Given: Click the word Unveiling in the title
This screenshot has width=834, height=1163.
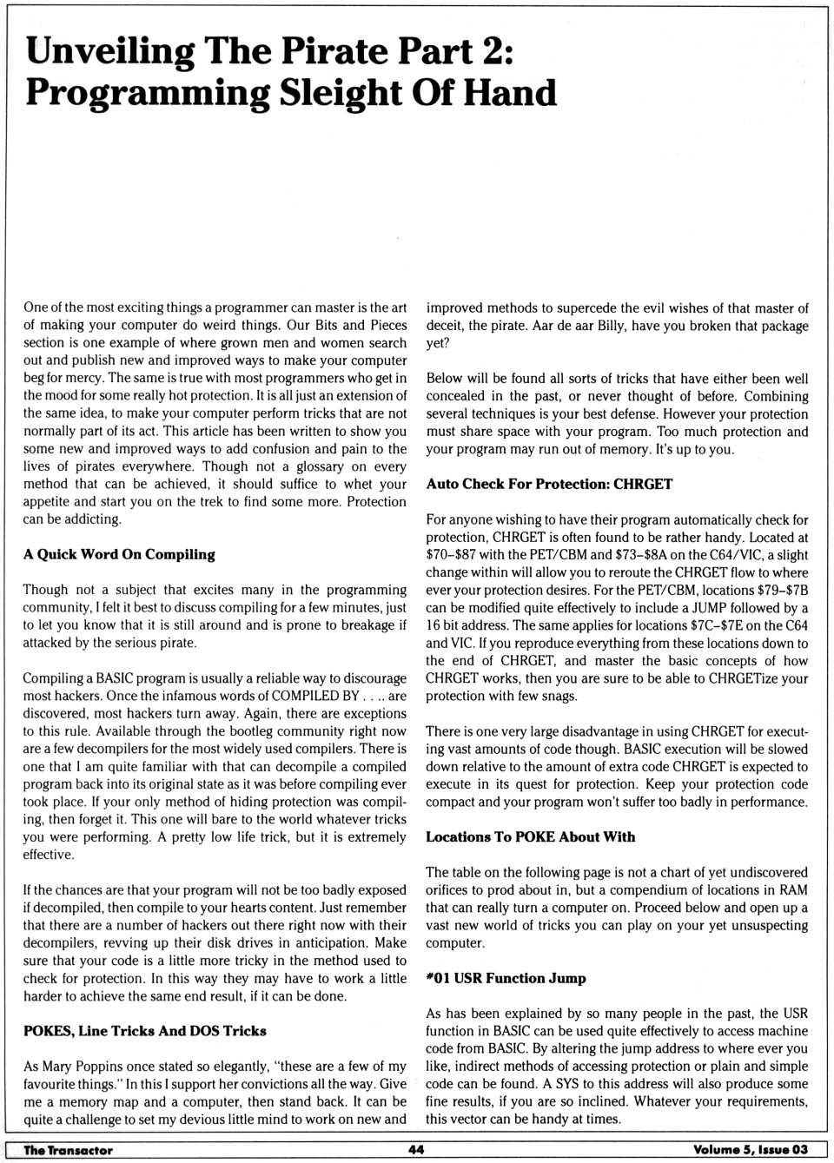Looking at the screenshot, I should [109, 52].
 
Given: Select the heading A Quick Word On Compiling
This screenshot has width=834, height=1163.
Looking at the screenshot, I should [119, 554].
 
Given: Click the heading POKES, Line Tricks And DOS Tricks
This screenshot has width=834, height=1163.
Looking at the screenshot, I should [145, 1031].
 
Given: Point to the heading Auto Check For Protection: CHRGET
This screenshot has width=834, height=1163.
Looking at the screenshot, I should [549, 484].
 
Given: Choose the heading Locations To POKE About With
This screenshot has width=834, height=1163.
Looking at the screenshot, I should [530, 836].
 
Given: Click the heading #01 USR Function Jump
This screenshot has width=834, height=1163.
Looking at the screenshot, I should [506, 978].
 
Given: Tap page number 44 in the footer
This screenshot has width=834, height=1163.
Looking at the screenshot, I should [416, 1150].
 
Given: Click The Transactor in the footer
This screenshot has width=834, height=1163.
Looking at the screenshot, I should [68, 1150].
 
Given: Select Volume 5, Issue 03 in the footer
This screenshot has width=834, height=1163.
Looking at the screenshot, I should [750, 1150].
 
